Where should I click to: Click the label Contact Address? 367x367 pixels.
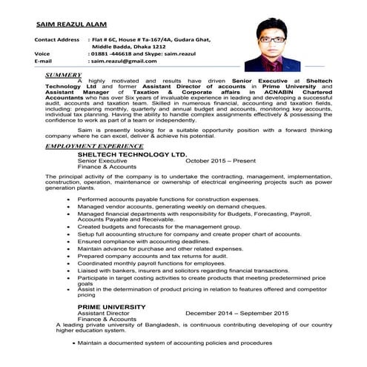56,38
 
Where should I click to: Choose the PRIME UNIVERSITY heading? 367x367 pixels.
112,306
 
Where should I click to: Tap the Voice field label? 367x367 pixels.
42,54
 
